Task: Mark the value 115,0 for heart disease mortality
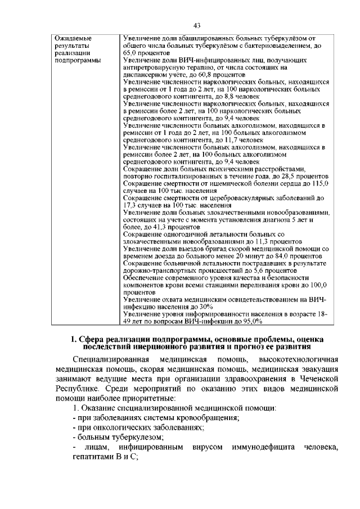tap(319, 184)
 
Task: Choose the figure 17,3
tap(130, 206)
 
